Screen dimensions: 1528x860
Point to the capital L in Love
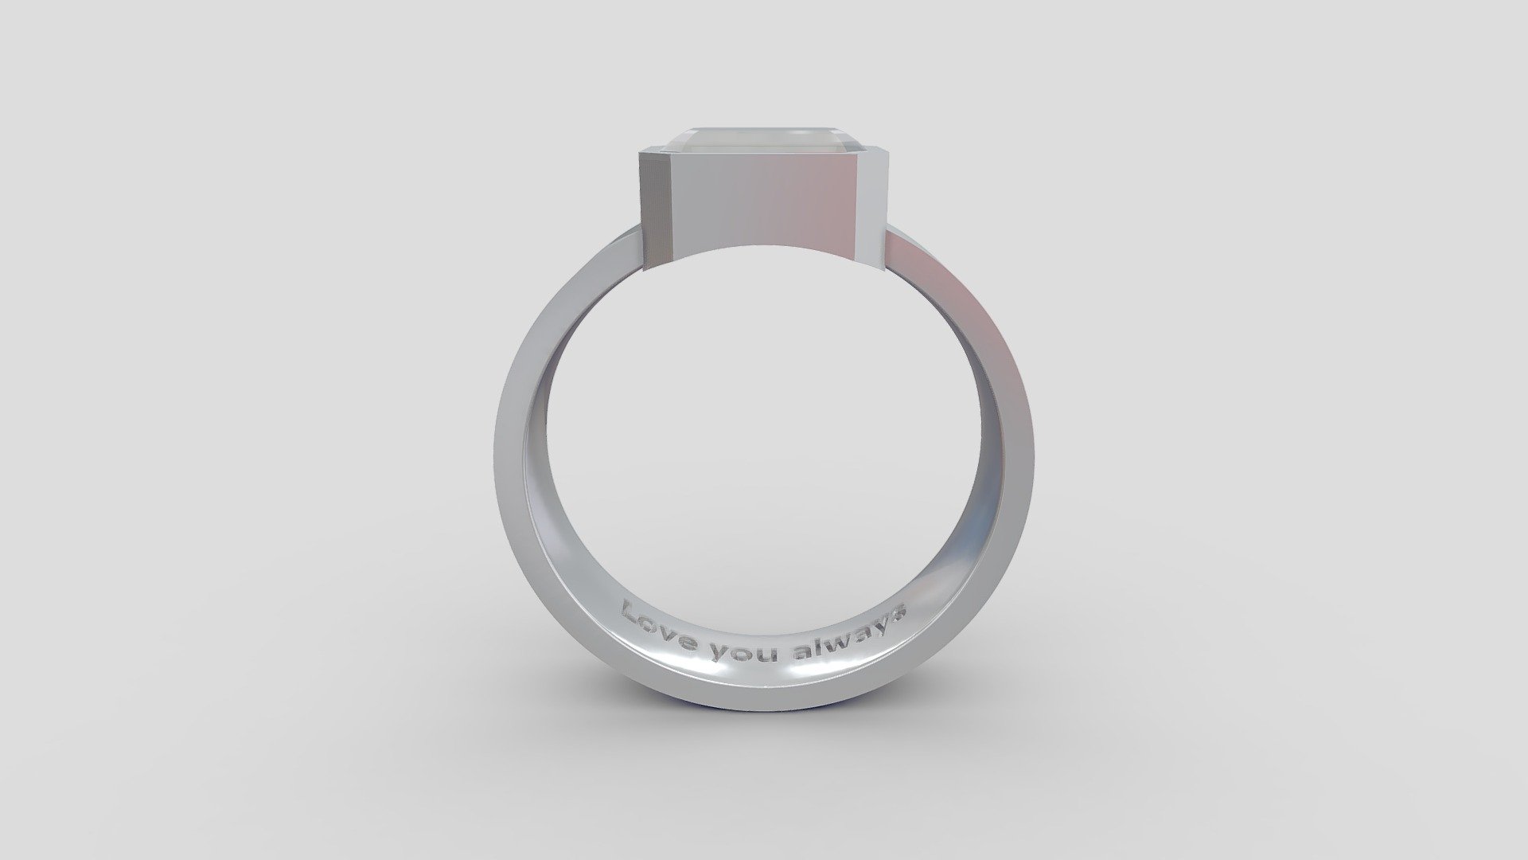tap(632, 614)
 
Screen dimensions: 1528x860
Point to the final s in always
tap(900, 613)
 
